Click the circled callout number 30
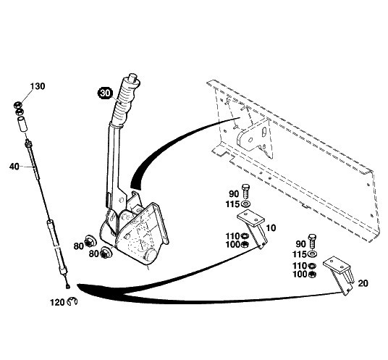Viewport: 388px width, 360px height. (x=106, y=93)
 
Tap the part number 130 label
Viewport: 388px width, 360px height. (x=38, y=86)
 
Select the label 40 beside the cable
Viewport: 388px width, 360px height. (x=14, y=167)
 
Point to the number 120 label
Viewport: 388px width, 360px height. (x=57, y=303)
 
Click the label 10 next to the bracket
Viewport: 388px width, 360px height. (x=271, y=228)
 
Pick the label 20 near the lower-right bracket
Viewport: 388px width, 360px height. (x=363, y=283)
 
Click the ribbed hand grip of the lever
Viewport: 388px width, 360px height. (x=127, y=101)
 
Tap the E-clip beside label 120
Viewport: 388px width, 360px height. (x=72, y=301)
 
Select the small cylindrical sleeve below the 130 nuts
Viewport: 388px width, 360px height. (x=21, y=125)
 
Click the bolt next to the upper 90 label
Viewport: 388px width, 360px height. (x=245, y=192)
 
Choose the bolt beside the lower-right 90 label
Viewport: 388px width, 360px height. (x=312, y=242)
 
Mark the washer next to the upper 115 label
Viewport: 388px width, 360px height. (x=245, y=204)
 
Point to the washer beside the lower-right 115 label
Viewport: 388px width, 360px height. (x=313, y=254)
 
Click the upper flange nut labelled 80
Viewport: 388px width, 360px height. (x=90, y=241)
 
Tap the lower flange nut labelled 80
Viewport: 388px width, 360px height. (x=106, y=253)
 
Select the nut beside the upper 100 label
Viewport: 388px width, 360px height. (x=245, y=245)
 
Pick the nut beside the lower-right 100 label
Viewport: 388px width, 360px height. (x=312, y=275)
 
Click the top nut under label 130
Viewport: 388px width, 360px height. (x=17, y=105)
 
